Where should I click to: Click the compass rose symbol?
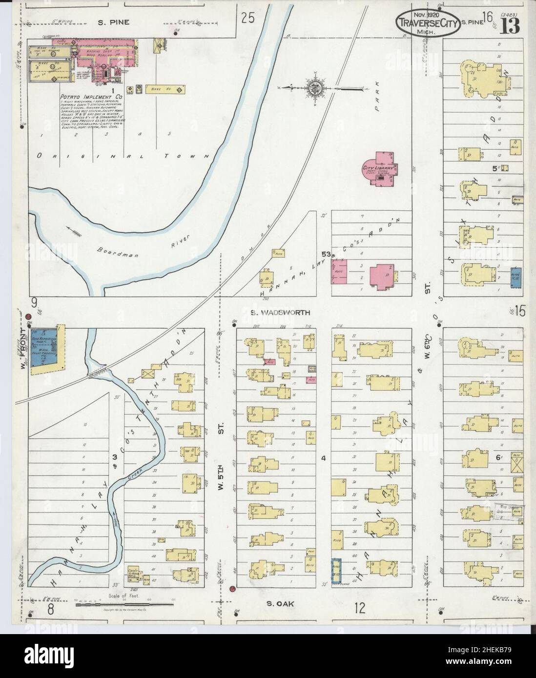click(x=312, y=88)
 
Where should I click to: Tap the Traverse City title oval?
click(x=427, y=23)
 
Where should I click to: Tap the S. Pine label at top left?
click(x=113, y=22)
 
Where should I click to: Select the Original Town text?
click(x=122, y=157)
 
